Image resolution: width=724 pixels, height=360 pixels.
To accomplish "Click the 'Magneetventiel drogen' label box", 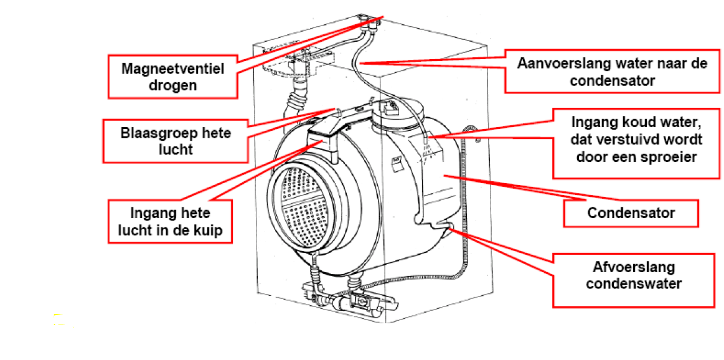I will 172,76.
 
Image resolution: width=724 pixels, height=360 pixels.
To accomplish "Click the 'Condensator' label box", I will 631,214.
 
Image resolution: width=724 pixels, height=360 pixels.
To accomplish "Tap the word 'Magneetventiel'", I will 172,68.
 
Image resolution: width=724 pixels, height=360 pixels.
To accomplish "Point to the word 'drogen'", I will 172,85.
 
